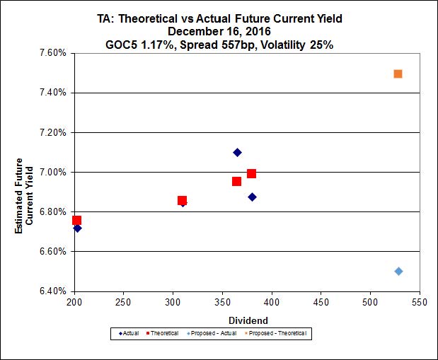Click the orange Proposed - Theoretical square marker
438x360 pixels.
pos(398,74)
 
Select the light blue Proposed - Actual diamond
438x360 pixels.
pos(398,271)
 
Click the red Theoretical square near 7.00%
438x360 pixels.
pos(251,173)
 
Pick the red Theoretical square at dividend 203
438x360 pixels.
pos(76,221)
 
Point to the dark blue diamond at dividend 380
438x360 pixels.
pos(252,197)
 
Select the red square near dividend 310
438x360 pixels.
pos(182,201)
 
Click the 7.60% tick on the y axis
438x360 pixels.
pos(54,53)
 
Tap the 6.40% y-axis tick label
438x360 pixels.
pos(54,291)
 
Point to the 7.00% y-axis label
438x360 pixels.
pos(54,173)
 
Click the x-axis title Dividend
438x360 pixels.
pos(247,320)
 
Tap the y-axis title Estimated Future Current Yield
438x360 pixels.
pos(23,192)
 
